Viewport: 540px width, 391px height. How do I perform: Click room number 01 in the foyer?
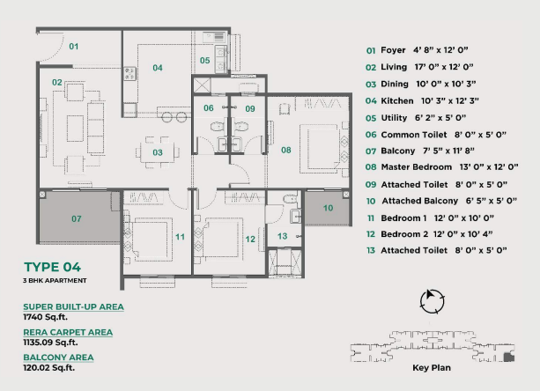click(74, 46)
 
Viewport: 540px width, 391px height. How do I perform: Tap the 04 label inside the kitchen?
click(158, 68)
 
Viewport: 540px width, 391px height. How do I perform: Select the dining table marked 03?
click(158, 152)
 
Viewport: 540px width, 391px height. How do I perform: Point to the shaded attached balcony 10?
click(328, 208)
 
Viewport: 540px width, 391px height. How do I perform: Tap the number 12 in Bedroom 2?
click(250, 239)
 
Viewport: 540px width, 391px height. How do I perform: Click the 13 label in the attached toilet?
click(283, 236)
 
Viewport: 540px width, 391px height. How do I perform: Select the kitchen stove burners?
click(129, 73)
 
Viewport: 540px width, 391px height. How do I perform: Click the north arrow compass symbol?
click(433, 301)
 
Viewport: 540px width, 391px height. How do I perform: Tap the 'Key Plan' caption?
click(432, 367)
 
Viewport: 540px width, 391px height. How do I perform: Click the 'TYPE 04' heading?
click(52, 267)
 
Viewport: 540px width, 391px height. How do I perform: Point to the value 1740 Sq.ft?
click(45, 317)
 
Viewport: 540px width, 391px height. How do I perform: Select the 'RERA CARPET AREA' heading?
click(68, 333)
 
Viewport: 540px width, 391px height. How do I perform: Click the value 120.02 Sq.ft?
click(49, 367)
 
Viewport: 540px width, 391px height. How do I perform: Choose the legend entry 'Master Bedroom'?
click(417, 167)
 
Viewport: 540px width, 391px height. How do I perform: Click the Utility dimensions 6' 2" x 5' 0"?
click(440, 118)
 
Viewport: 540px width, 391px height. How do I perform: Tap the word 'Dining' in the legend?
click(395, 85)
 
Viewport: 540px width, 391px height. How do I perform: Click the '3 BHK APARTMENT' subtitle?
click(55, 281)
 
